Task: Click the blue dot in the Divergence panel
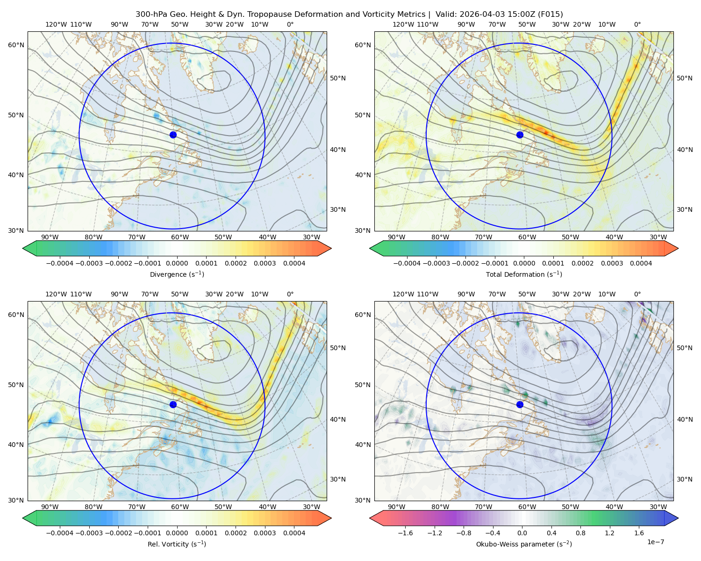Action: (173, 135)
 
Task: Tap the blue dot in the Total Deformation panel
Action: (520, 135)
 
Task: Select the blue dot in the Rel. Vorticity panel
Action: (173, 404)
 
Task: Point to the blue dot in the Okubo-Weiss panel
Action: (520, 404)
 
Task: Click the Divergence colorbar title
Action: (177, 274)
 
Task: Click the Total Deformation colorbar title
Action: (524, 274)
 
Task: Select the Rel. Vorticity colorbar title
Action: (177, 544)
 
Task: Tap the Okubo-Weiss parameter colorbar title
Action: (524, 544)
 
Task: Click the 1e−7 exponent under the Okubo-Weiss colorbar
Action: (655, 542)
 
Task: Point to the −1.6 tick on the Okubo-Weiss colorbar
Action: (405, 533)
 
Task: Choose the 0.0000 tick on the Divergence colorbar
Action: (177, 263)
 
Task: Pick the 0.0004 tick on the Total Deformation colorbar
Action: (641, 263)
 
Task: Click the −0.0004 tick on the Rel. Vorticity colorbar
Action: (60, 533)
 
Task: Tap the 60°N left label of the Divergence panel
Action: (16, 45)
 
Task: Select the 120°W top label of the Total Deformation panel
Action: (403, 24)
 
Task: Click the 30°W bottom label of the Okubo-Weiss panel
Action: (658, 507)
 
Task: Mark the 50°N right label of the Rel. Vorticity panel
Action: (338, 348)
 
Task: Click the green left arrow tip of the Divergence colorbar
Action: (23, 248)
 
